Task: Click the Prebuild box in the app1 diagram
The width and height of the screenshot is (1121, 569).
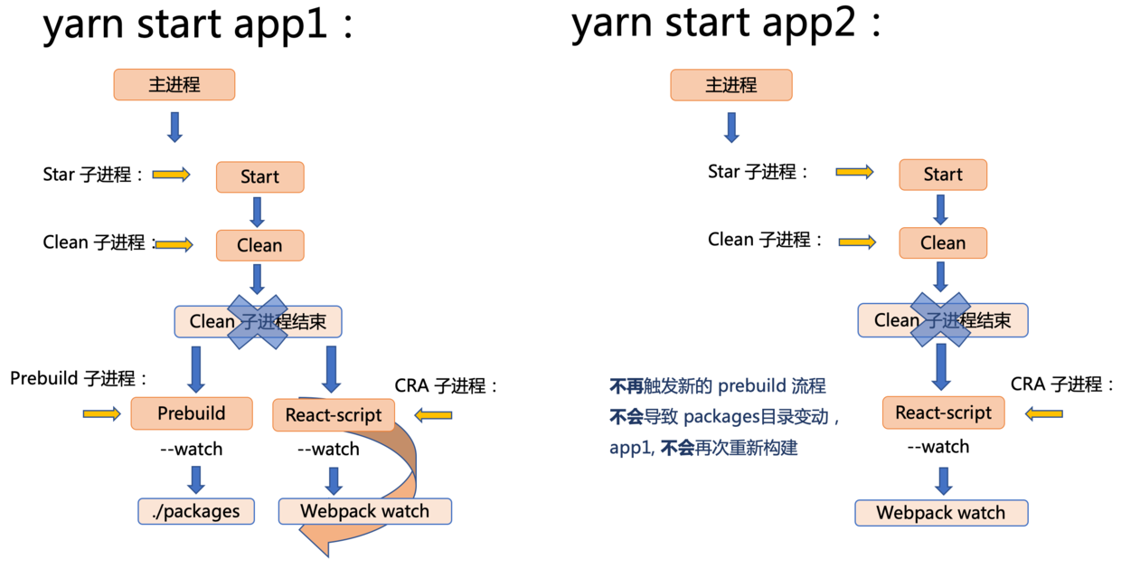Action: tap(191, 413)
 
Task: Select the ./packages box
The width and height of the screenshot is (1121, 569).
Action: tap(196, 511)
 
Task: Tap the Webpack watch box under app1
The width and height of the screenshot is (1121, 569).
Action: tap(364, 511)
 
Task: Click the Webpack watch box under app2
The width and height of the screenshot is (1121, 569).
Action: tap(941, 513)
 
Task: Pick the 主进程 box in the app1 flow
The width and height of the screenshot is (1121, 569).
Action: tap(174, 85)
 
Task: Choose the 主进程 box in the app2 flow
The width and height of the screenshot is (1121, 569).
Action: tap(730, 85)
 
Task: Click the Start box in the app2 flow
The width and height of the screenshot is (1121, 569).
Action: tap(942, 175)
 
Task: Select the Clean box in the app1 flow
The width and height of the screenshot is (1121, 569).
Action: tap(259, 245)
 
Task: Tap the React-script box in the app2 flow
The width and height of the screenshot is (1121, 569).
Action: tap(943, 413)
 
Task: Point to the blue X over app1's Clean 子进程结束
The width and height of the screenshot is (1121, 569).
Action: tap(259, 321)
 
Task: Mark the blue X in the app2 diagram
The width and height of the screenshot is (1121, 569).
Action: tap(942, 319)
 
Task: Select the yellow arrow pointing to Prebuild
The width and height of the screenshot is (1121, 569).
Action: tap(101, 413)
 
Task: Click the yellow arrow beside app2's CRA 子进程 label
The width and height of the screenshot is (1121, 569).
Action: tap(1044, 413)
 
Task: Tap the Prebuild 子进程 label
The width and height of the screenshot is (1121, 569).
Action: tap(79, 378)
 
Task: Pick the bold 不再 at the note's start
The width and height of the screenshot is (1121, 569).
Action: tap(626, 386)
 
